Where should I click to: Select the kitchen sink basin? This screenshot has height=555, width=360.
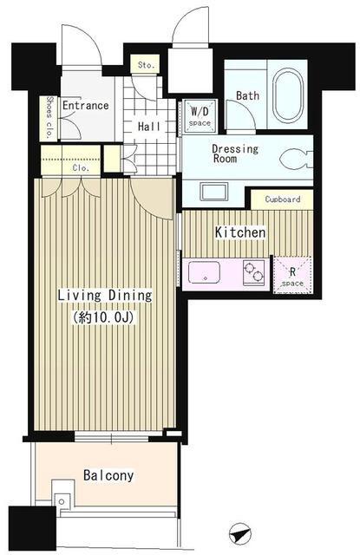(x=204, y=272)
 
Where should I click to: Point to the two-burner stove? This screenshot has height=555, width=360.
(x=254, y=271)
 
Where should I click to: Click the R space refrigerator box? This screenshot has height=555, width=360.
(x=292, y=275)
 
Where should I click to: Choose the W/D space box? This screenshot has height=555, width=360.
(x=200, y=116)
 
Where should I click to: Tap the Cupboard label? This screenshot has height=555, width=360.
(x=283, y=199)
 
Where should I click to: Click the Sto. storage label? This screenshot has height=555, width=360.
(x=146, y=65)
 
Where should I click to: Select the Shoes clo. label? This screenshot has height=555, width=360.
(x=49, y=117)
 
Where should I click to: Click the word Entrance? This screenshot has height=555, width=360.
(x=86, y=105)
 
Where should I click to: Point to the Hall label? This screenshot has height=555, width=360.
(x=149, y=127)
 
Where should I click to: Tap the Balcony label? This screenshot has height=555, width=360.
(x=108, y=475)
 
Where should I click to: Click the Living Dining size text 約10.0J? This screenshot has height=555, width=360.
(x=103, y=317)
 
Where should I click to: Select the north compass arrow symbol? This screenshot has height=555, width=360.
(x=240, y=533)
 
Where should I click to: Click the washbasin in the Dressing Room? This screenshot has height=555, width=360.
(x=214, y=193)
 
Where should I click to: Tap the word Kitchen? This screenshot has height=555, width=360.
(x=240, y=232)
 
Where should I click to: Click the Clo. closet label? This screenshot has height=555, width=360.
(x=81, y=168)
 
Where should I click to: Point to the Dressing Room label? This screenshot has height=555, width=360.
(x=235, y=153)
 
